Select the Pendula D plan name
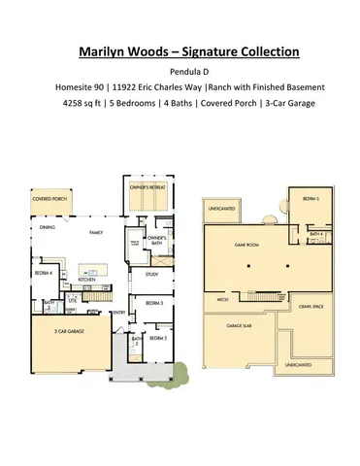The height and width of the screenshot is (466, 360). tap(180, 71)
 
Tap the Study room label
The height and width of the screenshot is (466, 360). tap(151, 275)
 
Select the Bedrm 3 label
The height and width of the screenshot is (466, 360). tap(154, 304)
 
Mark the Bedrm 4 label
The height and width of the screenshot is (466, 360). tap(43, 273)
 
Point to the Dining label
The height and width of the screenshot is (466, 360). tap(47, 229)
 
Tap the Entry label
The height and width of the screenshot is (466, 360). tap(119, 313)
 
